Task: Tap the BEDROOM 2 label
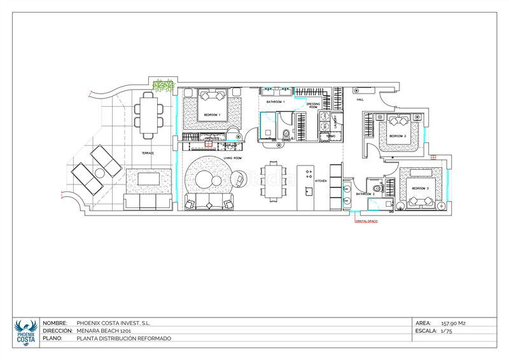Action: [398, 136]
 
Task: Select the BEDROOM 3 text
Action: [420, 189]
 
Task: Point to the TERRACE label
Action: [147, 153]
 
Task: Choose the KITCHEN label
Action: [321, 181]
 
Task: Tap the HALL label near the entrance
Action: [359, 100]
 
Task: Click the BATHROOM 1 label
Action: [275, 102]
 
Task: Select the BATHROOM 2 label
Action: [365, 194]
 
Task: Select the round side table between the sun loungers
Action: [100, 173]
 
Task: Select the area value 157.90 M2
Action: [453, 323]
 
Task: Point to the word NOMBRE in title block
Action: [55, 323]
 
